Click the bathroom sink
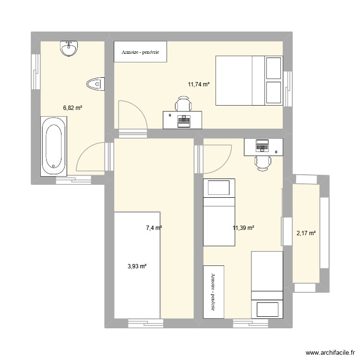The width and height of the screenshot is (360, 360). [x=69, y=48]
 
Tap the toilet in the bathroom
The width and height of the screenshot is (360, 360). [x=96, y=84]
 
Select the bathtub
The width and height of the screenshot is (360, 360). [x=54, y=146]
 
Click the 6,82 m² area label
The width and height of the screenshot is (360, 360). [x=73, y=108]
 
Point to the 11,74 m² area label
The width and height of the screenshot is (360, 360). [x=199, y=84]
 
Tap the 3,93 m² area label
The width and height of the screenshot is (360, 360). [x=137, y=266]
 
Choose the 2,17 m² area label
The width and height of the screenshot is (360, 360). [x=306, y=233]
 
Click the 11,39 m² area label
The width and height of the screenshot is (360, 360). [x=243, y=228]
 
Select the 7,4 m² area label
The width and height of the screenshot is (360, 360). [x=154, y=228]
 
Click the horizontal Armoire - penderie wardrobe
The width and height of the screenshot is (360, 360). [x=140, y=52]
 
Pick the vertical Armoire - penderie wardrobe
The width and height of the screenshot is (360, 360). [x=214, y=292]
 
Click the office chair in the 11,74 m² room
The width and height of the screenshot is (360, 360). [x=183, y=104]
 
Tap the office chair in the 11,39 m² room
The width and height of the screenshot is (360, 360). [x=263, y=163]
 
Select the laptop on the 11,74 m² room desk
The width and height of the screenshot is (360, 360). [x=184, y=122]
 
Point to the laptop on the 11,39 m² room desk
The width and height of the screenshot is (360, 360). [x=262, y=145]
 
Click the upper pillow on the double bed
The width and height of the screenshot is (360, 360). [x=274, y=68]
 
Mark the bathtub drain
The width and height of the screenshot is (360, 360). [x=54, y=166]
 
